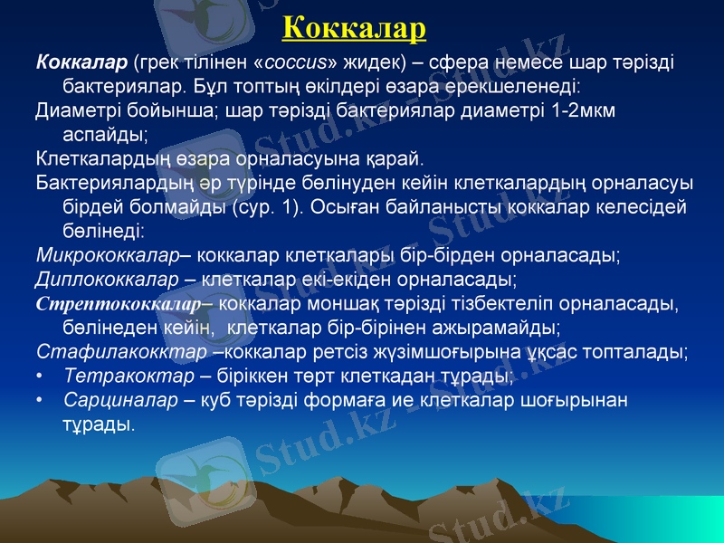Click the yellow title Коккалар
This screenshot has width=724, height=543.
(354, 27)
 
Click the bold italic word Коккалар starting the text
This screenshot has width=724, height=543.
(81, 63)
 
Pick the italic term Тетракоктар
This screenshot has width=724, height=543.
(129, 375)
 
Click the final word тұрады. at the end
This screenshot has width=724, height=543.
(99, 423)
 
